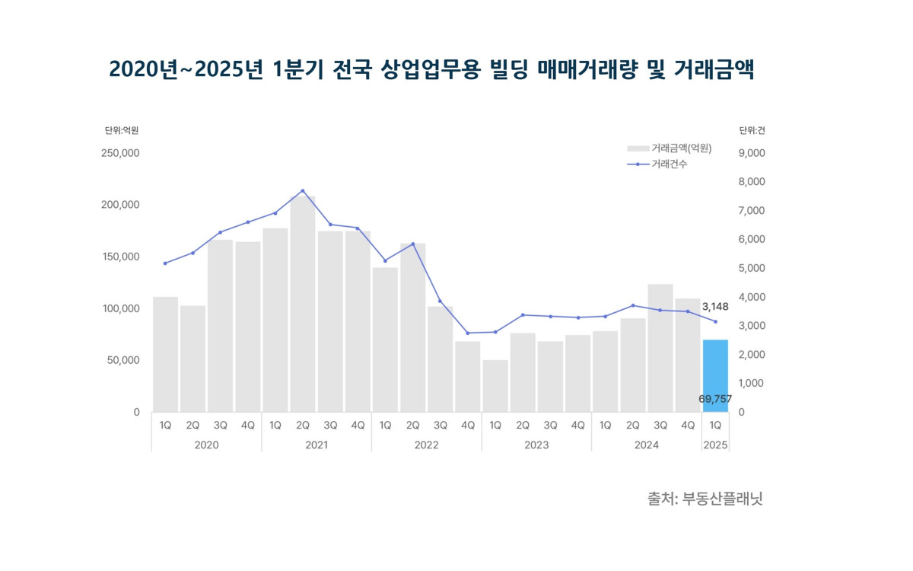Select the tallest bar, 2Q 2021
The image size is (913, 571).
(x=303, y=305)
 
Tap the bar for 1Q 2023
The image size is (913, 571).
(x=495, y=386)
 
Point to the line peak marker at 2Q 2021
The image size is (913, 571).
(x=303, y=191)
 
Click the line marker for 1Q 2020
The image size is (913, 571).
(x=165, y=263)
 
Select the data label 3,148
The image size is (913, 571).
(x=715, y=307)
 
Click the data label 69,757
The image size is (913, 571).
(x=714, y=399)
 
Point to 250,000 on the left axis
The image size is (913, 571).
(x=120, y=153)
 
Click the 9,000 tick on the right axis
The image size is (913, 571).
(x=752, y=153)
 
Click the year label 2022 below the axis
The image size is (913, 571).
(x=426, y=445)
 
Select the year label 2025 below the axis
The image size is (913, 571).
(x=715, y=445)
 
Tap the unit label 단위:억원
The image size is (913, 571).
(x=122, y=131)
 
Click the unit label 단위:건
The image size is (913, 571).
(x=752, y=131)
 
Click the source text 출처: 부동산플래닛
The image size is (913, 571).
(x=705, y=499)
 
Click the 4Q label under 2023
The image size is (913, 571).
(x=577, y=426)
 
